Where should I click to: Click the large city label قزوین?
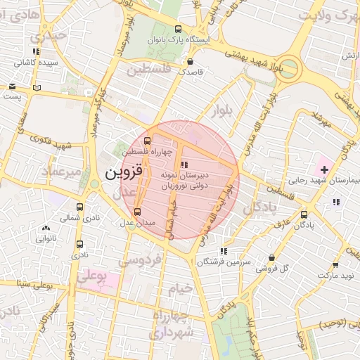tap(124, 171)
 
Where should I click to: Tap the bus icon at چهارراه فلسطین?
tap(146, 140)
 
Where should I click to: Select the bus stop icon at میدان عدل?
tap(137, 211)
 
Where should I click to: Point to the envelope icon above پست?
tap(13, 86)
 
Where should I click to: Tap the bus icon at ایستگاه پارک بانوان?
tap(178, 30)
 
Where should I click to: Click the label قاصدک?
tap(190, 71)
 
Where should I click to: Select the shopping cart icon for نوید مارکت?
tap(335, 265)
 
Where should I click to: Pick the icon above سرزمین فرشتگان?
tap(224, 251)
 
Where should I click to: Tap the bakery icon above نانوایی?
tap(46, 228)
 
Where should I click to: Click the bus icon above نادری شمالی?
tap(79, 207)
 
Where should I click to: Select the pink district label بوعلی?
tap(92, 278)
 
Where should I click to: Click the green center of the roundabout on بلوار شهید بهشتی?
tap(287, 70)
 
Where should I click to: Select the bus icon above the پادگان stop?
tap(304, 214)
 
